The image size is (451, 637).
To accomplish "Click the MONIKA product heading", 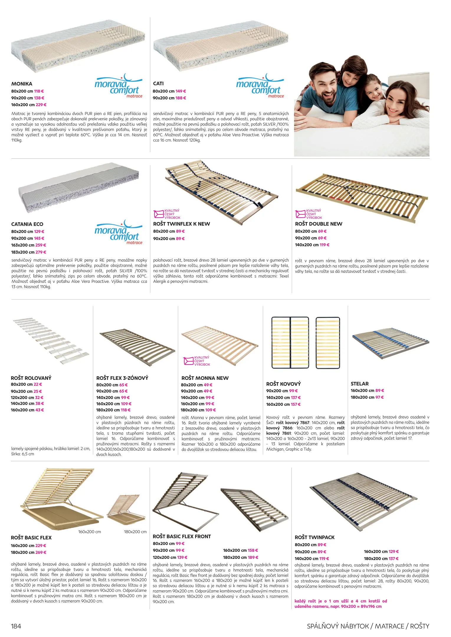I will click(22, 84).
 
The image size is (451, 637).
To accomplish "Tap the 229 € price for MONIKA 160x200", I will click(41, 105).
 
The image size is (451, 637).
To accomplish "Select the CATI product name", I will click(158, 83).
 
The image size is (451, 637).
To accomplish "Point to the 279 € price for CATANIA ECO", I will click(41, 252).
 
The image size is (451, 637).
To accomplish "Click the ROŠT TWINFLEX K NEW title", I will click(181, 224).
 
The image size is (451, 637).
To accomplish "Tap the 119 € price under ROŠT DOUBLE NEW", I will click(324, 245).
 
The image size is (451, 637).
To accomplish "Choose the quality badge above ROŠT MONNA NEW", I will click(197, 361).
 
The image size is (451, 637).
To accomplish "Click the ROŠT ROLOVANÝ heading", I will click(31, 378).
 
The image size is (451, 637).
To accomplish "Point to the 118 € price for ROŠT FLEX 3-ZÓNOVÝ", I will click(126, 410).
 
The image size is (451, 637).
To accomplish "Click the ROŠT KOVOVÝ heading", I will click(283, 384).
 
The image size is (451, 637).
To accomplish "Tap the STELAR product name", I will click(360, 384).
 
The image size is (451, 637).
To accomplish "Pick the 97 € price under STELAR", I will click(380, 397).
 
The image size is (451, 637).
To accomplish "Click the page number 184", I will click(16, 626).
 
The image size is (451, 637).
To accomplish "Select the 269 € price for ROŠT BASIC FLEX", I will click(41, 552).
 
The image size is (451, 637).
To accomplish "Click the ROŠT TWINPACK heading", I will click(314, 537).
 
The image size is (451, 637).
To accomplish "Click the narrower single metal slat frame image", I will click(328, 343).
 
